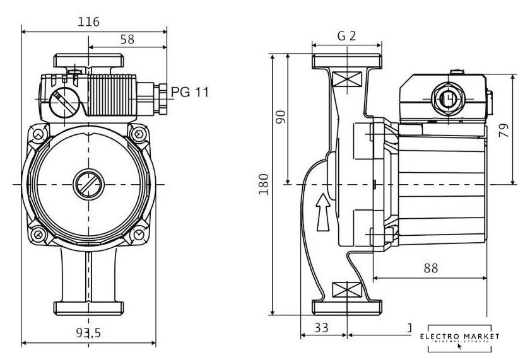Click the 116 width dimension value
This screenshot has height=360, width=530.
pyautogui.click(x=89, y=22)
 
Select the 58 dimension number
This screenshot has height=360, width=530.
pyautogui.click(x=127, y=39)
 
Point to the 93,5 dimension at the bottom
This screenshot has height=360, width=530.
pyautogui.click(x=89, y=334)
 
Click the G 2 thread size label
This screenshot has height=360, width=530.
pyautogui.click(x=346, y=36)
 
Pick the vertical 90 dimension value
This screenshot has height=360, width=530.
pyautogui.click(x=281, y=117)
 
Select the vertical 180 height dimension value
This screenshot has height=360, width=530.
pyautogui.click(x=264, y=184)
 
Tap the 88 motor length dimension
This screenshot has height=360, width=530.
pyautogui.click(x=430, y=267)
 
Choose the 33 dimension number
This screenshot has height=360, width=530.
pyautogui.click(x=322, y=328)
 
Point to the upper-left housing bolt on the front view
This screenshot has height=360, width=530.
pyautogui.click(x=38, y=134)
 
